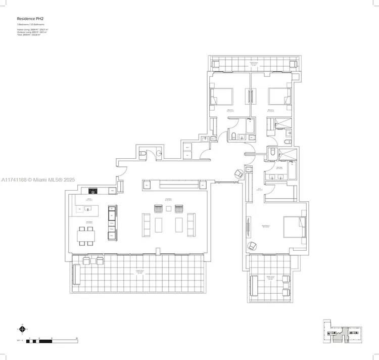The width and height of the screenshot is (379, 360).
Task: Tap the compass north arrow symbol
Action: pyautogui.click(x=22, y=329)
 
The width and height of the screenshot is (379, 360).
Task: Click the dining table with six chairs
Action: pyautogui.click(x=86, y=236)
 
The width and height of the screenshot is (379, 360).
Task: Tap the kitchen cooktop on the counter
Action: pyautogui.click(x=93, y=191)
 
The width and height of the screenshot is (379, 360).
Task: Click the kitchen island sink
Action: pyautogui.click(x=80, y=208)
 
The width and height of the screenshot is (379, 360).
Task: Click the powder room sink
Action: pyautogui.click(x=159, y=153)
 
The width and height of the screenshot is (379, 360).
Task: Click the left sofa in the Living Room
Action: pyautogui.click(x=147, y=224)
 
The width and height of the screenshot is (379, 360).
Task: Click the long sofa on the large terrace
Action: pyautogui.click(x=76, y=275)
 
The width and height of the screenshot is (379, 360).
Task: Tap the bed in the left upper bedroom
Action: pyautogui.click(x=222, y=96)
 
